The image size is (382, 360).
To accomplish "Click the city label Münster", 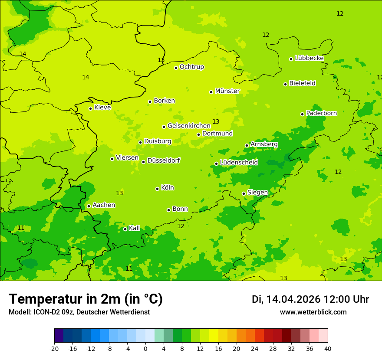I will (227, 91).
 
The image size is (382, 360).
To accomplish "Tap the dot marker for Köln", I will (157, 189).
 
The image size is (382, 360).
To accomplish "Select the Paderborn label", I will (321, 113).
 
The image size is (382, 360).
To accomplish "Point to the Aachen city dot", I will (89, 206).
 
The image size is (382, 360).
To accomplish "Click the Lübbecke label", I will (309, 58).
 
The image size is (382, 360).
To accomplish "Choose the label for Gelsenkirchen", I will (189, 126).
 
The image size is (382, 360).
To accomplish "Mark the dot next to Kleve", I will (90, 108).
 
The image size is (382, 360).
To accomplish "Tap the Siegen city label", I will (257, 193).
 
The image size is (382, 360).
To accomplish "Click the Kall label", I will (135, 228).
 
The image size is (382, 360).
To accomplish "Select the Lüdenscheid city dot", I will (216, 164).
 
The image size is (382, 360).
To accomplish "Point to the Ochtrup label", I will (191, 67).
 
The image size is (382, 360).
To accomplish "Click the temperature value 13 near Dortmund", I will (216, 122).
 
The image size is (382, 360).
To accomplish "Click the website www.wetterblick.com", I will (313, 312).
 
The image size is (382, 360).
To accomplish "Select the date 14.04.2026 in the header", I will (293, 299).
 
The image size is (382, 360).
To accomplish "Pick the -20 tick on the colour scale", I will (54, 348).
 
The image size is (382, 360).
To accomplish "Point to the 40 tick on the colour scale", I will (328, 348).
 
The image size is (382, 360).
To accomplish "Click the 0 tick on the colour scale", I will (145, 348).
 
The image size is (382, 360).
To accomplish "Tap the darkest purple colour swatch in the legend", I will (59, 336).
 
